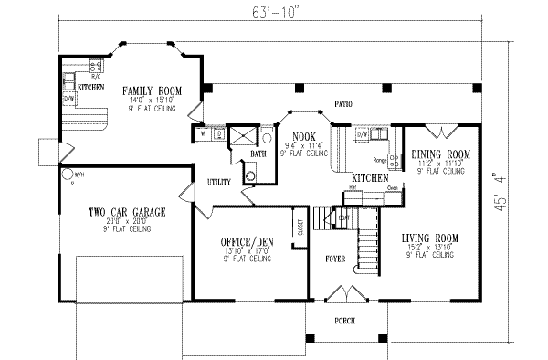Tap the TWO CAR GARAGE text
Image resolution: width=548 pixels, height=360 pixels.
coord(126,212)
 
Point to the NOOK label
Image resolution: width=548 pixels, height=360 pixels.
coord(303,136)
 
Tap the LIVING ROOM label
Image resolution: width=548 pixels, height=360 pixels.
coord(429,238)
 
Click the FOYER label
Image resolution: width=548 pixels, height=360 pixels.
coord(335,259)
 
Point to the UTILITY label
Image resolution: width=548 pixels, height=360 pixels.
coord(218,181)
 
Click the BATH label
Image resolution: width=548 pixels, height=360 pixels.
coord(258,154)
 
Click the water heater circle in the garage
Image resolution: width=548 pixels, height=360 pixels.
coord(67,174)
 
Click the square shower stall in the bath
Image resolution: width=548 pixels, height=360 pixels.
coord(243,138)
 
